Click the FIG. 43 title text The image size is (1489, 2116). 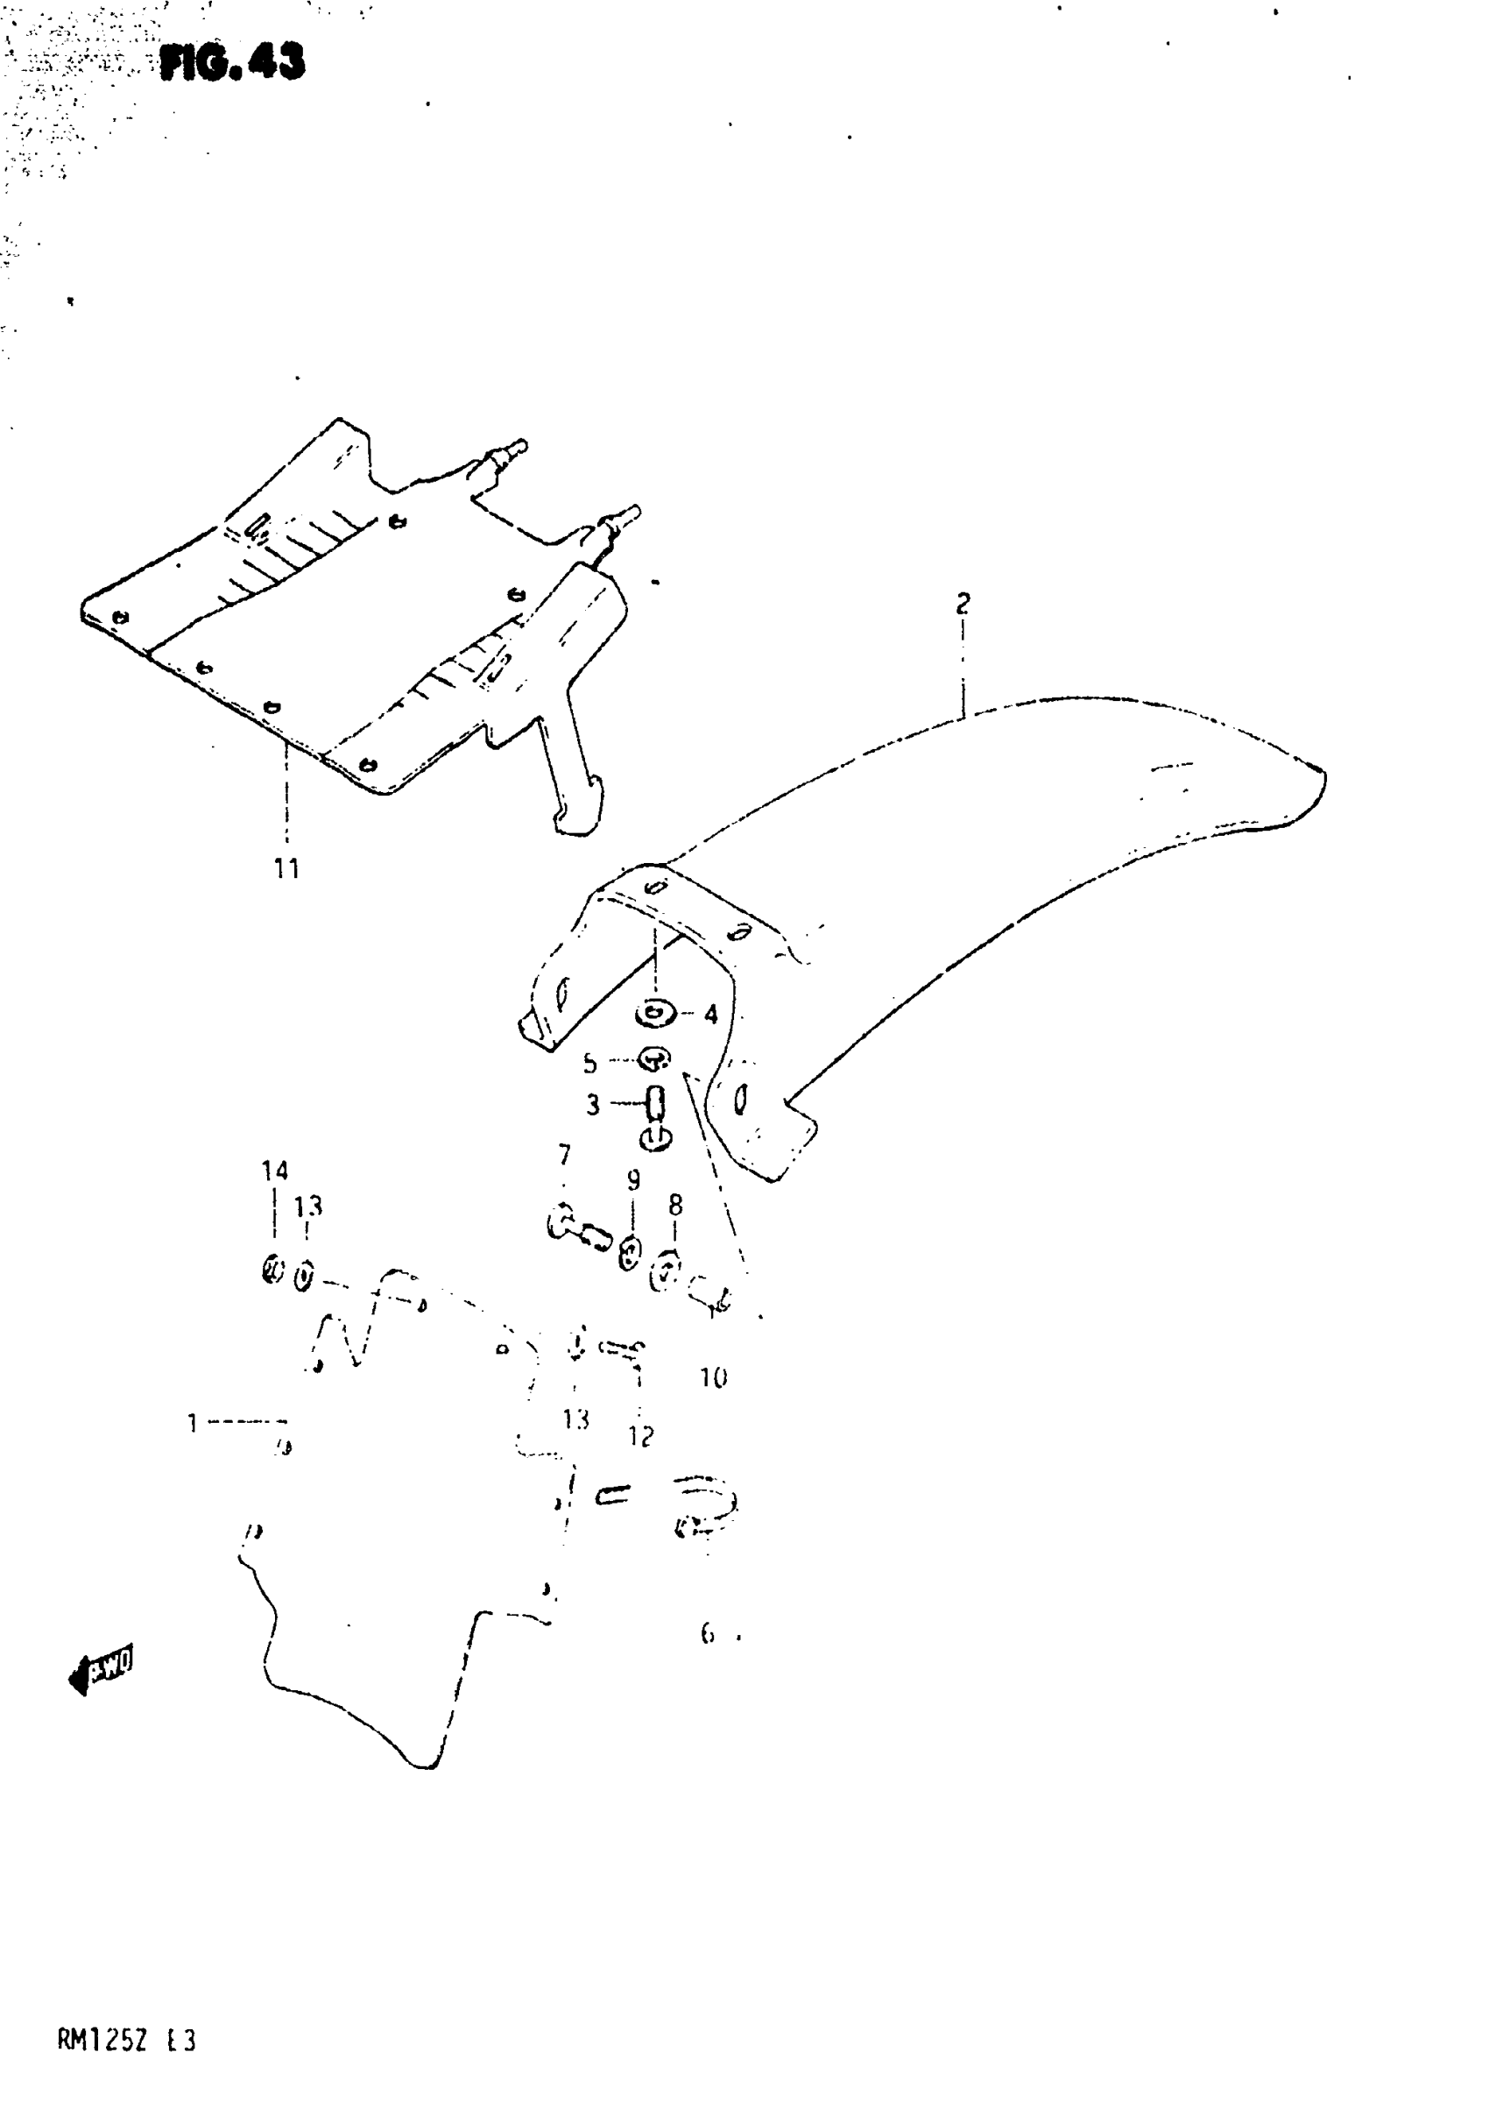(x=232, y=63)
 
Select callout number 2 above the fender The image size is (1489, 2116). (x=963, y=604)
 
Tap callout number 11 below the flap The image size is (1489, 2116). (x=286, y=868)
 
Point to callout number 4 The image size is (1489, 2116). (x=710, y=1015)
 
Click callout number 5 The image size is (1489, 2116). (x=589, y=1064)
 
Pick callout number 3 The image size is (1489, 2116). (x=592, y=1104)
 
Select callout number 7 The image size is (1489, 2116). (x=564, y=1155)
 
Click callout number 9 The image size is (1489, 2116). (x=633, y=1179)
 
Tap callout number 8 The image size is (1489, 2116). (x=675, y=1205)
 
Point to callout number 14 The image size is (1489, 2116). (x=274, y=1171)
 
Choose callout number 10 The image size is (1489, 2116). (x=714, y=1377)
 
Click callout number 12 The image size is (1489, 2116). (x=640, y=1436)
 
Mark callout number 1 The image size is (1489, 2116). (x=193, y=1423)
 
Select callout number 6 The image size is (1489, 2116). (x=708, y=1634)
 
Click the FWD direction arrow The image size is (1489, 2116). (x=102, y=1668)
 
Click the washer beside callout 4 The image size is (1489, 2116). (x=655, y=1015)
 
